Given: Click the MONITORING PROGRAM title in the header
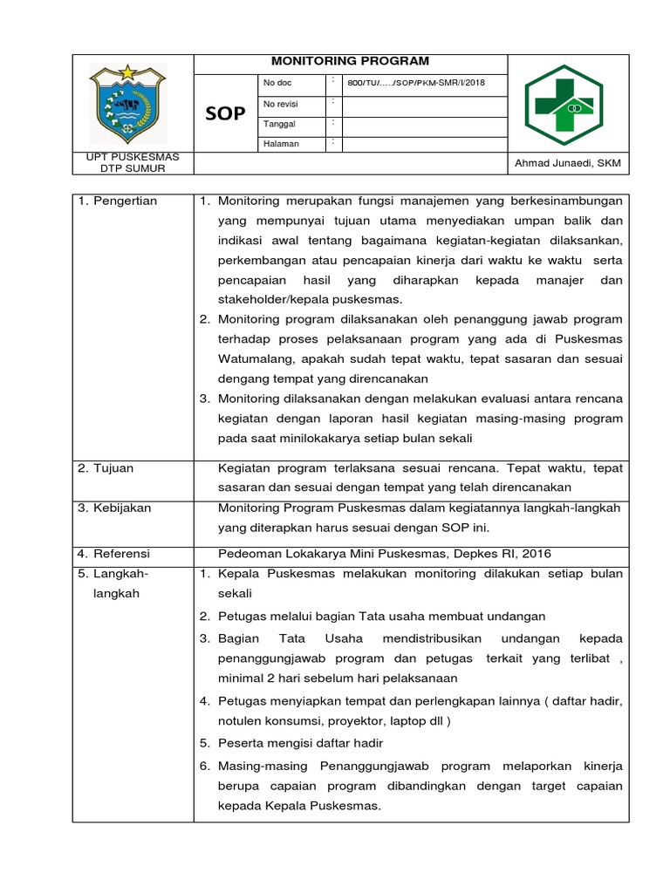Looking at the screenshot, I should point(350,61).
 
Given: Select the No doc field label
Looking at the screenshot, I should point(277,83).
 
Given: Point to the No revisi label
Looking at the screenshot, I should point(281,103).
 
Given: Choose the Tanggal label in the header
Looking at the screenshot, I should point(280,124).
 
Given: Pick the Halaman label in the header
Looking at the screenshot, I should point(282,144).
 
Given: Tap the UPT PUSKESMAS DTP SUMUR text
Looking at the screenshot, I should point(127,162).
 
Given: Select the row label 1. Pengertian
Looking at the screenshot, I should point(117,201).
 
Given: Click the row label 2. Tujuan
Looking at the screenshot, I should point(106,468).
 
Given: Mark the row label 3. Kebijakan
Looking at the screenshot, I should point(113,508).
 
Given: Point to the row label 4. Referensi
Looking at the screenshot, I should point(113,554).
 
